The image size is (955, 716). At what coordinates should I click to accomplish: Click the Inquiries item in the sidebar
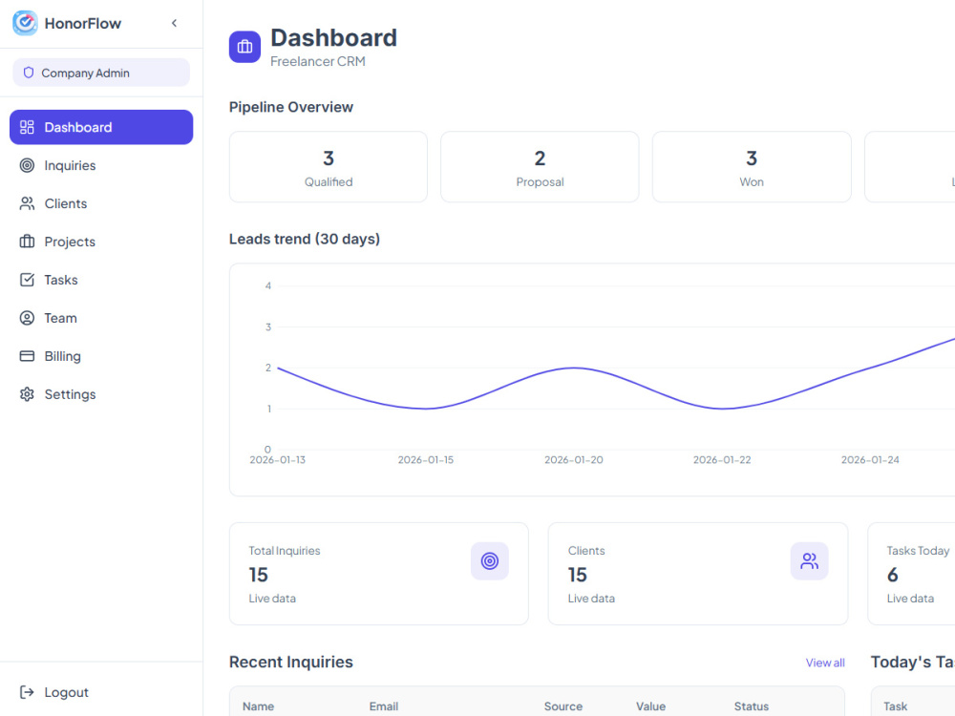[58, 165]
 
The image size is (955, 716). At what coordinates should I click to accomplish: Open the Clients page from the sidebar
[53, 203]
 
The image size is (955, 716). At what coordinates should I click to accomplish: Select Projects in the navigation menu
[58, 242]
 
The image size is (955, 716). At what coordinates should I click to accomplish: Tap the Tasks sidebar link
[49, 280]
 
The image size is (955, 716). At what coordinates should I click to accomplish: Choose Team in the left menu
[49, 318]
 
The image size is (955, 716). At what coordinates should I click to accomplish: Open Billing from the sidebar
[51, 356]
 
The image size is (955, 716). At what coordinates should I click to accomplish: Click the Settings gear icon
[27, 394]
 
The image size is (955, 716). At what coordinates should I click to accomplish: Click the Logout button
[54, 692]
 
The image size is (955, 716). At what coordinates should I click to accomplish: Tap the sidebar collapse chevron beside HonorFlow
[174, 23]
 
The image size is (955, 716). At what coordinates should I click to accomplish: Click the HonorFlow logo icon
[25, 23]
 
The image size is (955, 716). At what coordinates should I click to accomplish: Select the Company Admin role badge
[101, 73]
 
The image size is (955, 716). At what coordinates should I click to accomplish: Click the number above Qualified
[329, 158]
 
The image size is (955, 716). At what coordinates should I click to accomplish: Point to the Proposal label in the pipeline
[540, 182]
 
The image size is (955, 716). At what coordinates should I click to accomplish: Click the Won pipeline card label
[752, 182]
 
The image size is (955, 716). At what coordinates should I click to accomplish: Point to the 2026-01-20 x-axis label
[574, 460]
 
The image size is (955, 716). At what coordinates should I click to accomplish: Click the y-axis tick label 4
[268, 285]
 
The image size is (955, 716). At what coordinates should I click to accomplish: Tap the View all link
[825, 663]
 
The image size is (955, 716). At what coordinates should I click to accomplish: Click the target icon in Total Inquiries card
[490, 560]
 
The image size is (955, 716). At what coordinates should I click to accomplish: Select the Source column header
[563, 706]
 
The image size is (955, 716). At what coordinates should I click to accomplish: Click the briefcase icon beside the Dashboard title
[244, 47]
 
